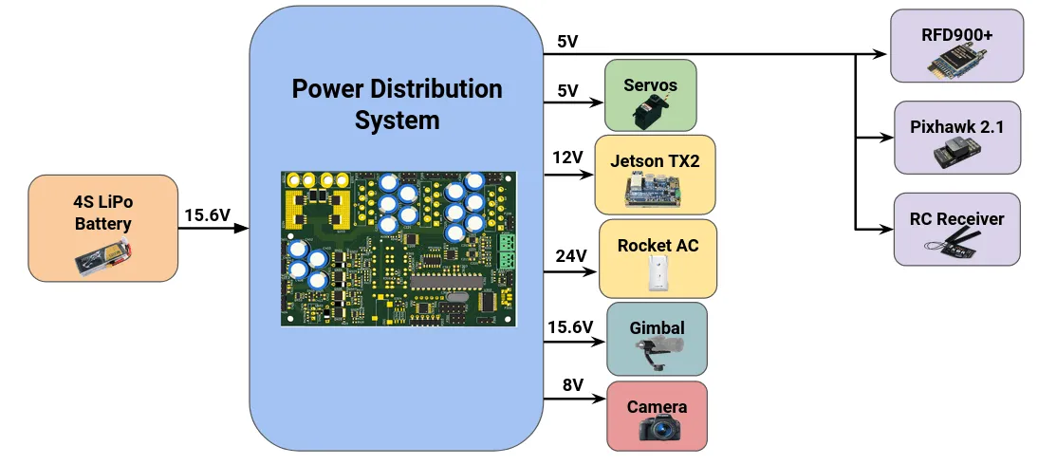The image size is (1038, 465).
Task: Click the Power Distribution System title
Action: (397, 104)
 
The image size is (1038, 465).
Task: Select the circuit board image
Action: (399, 249)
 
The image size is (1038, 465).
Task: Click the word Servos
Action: (650, 84)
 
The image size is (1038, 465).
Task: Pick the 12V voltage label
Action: (567, 156)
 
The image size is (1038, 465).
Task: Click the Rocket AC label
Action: (658, 245)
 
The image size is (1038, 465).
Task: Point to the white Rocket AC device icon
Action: (658, 275)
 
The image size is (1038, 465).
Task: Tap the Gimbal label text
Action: (657, 327)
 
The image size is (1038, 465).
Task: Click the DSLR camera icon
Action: (657, 430)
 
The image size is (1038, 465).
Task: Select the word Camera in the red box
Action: (657, 407)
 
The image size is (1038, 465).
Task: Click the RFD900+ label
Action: (956, 34)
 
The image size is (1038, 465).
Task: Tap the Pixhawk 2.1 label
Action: (956, 126)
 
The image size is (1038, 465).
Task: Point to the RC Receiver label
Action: (956, 218)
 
